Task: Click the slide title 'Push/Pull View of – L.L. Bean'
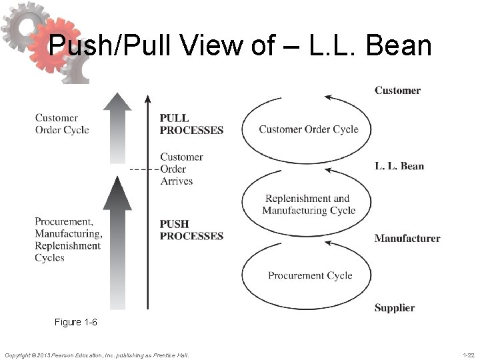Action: pyautogui.click(x=241, y=45)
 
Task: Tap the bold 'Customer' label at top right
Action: pyautogui.click(x=397, y=90)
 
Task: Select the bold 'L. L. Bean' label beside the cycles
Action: pyautogui.click(x=399, y=166)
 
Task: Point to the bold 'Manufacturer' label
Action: pyautogui.click(x=407, y=238)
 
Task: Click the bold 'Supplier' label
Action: pyautogui.click(x=395, y=308)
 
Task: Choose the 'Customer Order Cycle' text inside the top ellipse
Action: pyautogui.click(x=309, y=129)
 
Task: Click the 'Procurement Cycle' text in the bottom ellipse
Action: pyautogui.click(x=310, y=275)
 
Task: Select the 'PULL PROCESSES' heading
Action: pyautogui.click(x=191, y=124)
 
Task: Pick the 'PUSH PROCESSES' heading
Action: pyautogui.click(x=191, y=229)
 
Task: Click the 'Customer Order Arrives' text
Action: pyautogui.click(x=181, y=169)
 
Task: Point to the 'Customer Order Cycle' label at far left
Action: pyautogui.click(x=62, y=124)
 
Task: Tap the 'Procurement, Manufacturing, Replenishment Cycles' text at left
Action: pyautogui.click(x=69, y=239)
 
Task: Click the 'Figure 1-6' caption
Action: pyautogui.click(x=76, y=323)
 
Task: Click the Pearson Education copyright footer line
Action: pyautogui.click(x=97, y=355)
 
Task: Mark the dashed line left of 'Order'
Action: pyautogui.click(x=143, y=169)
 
